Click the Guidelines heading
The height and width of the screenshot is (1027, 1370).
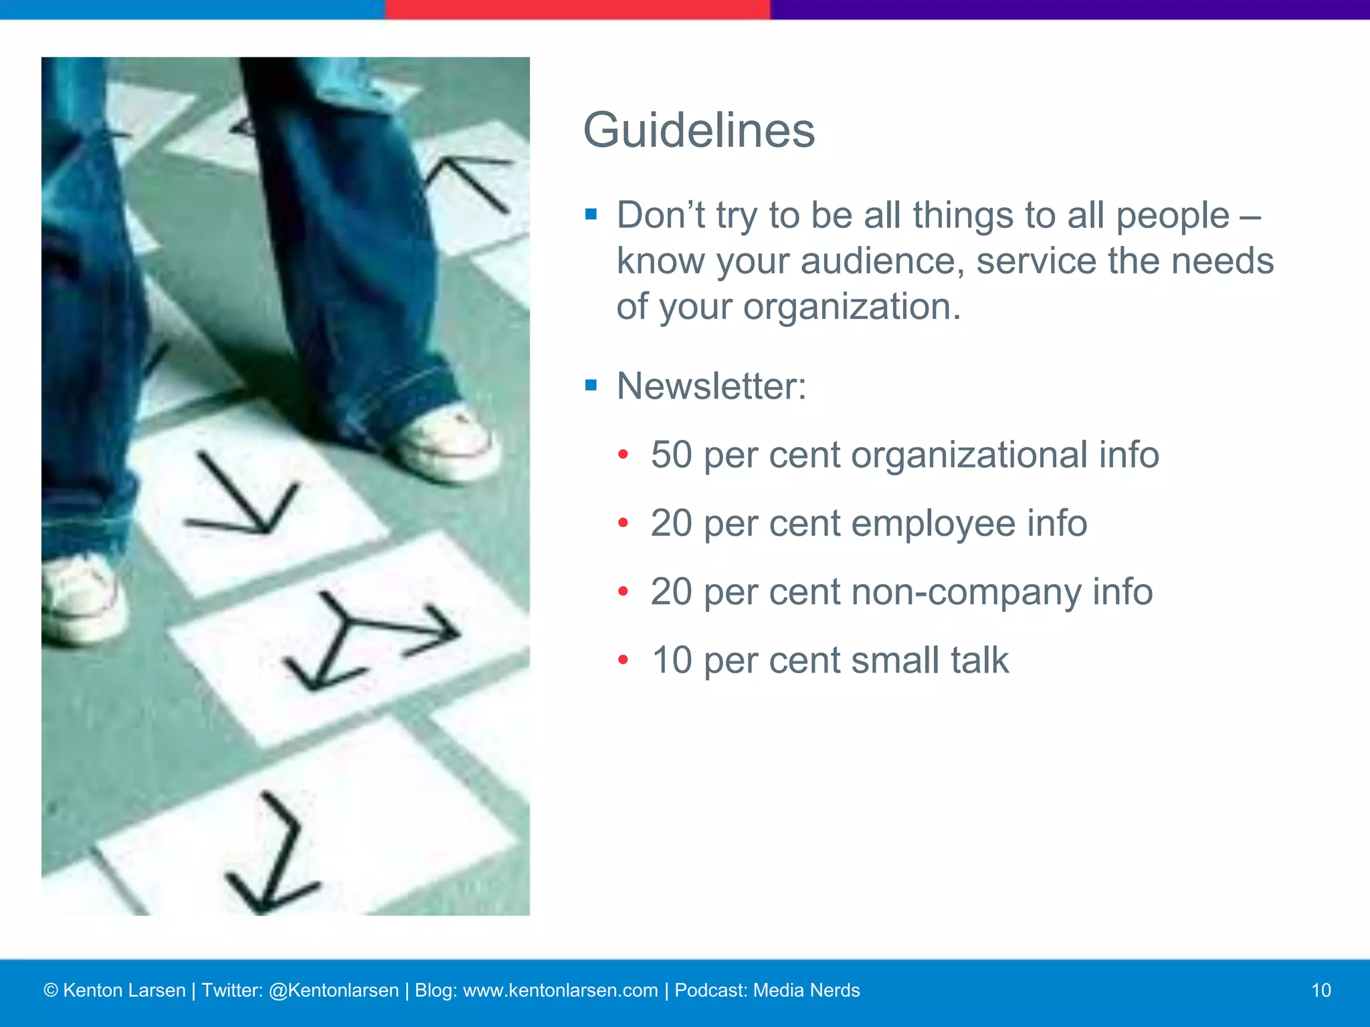[698, 130]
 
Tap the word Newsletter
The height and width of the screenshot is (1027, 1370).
[710, 386]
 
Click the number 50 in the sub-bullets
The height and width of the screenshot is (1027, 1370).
[671, 455]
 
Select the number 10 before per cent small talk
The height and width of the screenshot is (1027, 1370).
[671, 660]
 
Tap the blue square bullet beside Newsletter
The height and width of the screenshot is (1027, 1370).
[591, 385]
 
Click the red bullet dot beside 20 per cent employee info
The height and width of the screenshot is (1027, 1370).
[623, 523]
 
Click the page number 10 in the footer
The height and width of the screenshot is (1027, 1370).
[1320, 990]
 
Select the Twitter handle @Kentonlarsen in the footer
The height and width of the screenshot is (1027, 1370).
[333, 990]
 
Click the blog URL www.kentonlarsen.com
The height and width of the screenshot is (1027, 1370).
[560, 990]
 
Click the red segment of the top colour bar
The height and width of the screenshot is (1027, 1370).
[577, 9]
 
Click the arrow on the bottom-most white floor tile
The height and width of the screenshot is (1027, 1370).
[274, 856]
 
